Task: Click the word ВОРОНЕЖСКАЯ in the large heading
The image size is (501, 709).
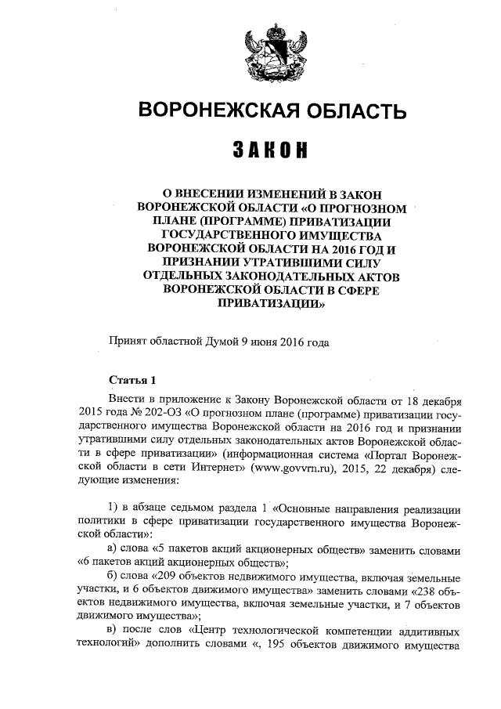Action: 210,112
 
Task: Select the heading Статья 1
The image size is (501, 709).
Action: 132,381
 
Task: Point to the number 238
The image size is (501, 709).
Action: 426,590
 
